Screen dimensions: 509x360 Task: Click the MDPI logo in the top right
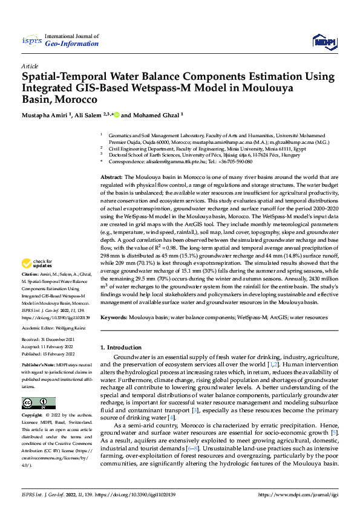click(324, 41)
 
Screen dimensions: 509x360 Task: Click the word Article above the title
click(30, 65)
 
